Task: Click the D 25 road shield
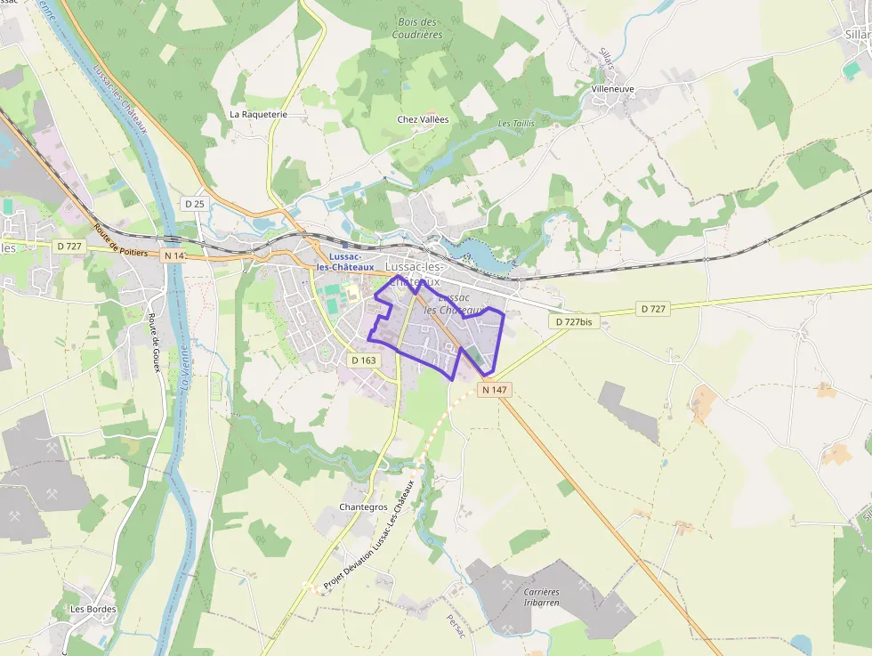click(x=194, y=204)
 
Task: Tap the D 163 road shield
click(x=364, y=360)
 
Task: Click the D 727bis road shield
click(x=573, y=321)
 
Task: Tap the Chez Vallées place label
click(x=423, y=119)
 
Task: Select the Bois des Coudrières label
click(x=417, y=28)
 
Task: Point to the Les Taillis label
click(x=516, y=124)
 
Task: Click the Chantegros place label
click(x=363, y=507)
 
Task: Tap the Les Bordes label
click(x=93, y=609)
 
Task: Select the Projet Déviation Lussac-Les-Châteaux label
click(x=369, y=535)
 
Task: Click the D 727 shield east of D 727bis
click(x=652, y=309)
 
